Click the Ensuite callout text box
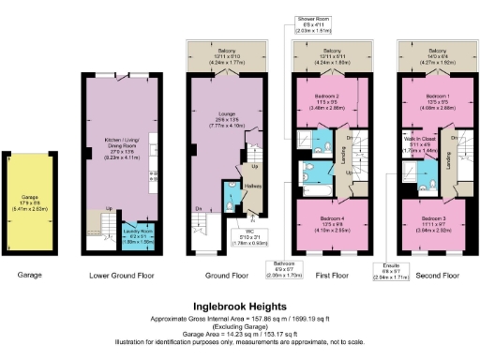pos(393,273)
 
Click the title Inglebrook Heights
pos(240,306)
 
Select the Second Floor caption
pos(438,277)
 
